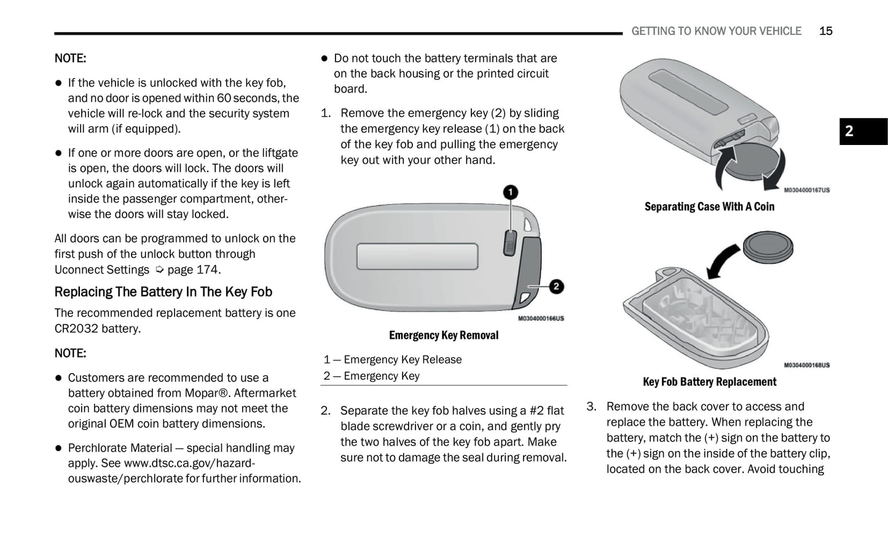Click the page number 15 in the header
pyautogui.click(x=825, y=31)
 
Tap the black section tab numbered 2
pyautogui.click(x=863, y=131)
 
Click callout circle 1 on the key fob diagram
pyautogui.click(x=510, y=193)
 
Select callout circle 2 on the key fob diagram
pyautogui.click(x=556, y=286)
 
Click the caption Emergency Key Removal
pyautogui.click(x=443, y=335)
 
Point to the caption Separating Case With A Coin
pyautogui.click(x=709, y=206)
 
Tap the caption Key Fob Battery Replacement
pyautogui.click(x=709, y=382)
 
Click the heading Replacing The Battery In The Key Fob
pyautogui.click(x=163, y=292)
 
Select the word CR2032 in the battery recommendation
pyautogui.click(x=76, y=328)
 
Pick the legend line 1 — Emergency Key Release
pyautogui.click(x=393, y=359)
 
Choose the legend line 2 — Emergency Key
pyautogui.click(x=372, y=375)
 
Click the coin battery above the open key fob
pyautogui.click(x=768, y=246)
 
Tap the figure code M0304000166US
pyautogui.click(x=540, y=318)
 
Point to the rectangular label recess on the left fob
pyautogui.click(x=417, y=256)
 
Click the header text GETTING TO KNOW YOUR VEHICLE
pyautogui.click(x=716, y=31)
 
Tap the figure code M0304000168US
pyautogui.click(x=806, y=365)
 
